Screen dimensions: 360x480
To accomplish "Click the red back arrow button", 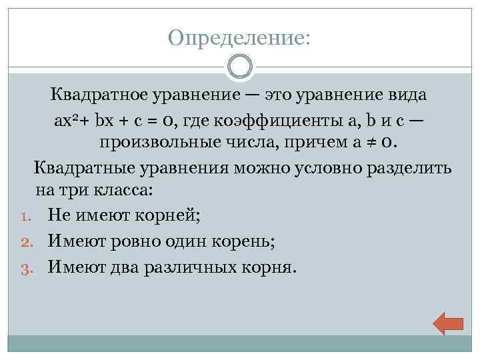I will click(448, 323).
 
